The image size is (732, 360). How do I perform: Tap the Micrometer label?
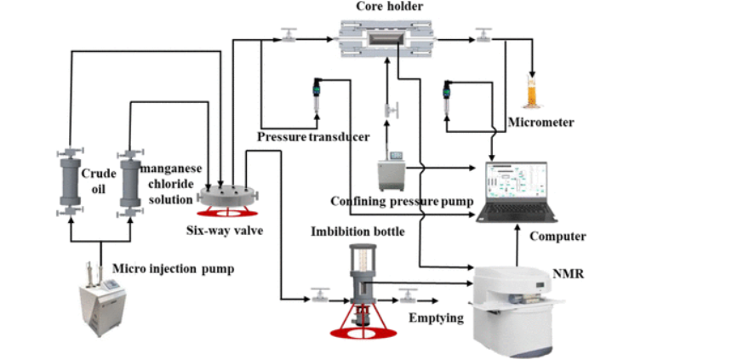(540, 123)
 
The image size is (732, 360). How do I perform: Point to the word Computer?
(558, 236)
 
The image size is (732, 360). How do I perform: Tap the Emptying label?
(436, 317)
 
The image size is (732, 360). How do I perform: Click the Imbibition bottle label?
(358, 231)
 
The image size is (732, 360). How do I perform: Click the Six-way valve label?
(221, 229)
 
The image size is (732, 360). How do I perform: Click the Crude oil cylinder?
(68, 181)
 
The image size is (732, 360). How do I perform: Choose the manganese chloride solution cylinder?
(129, 181)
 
